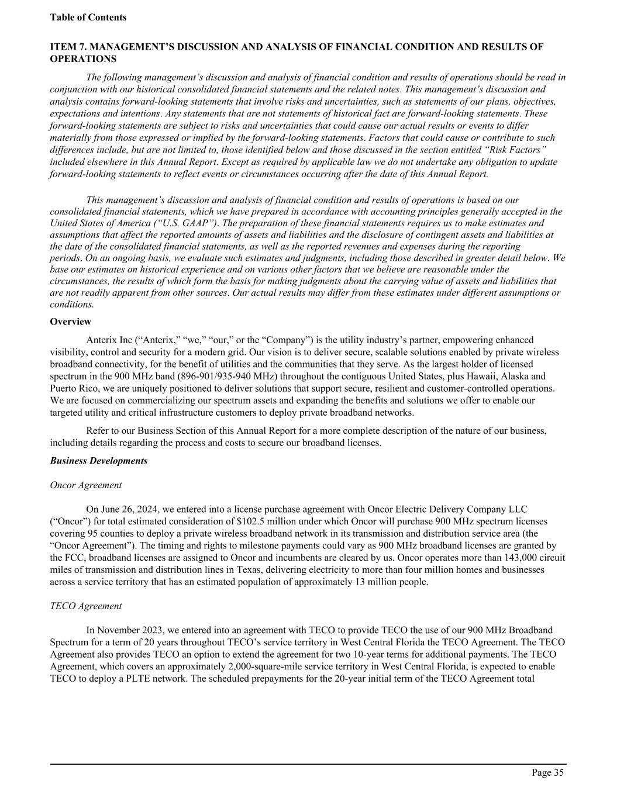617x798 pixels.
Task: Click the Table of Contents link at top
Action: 88,18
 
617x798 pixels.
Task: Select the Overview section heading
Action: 70,322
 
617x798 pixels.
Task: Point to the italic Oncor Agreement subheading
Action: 86,485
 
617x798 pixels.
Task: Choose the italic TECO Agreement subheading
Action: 86,606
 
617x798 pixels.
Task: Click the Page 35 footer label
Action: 547,773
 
